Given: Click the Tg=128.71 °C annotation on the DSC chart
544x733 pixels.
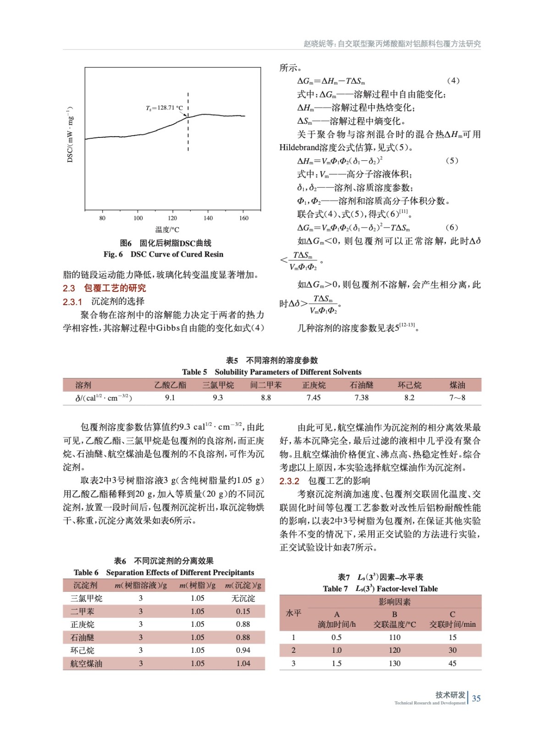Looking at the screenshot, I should (x=164, y=108).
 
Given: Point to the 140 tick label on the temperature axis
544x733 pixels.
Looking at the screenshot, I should (x=208, y=218).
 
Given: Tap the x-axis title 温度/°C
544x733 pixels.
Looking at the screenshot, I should (x=167, y=230).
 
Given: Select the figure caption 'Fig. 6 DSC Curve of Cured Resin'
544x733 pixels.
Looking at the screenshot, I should (x=164, y=254).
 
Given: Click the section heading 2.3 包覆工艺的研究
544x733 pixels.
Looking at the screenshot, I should (x=104, y=288).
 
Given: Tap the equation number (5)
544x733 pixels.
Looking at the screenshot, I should (x=452, y=161).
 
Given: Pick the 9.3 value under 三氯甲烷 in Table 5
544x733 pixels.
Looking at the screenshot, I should (x=218, y=398).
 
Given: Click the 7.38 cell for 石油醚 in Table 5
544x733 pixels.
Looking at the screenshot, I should (x=362, y=398).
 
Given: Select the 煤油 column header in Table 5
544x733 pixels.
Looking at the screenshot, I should (x=457, y=385).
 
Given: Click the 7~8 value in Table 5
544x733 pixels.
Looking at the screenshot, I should (x=457, y=398).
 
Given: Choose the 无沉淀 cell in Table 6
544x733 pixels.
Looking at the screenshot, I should (x=243, y=598).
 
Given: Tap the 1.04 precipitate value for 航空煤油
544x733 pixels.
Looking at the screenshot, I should (x=243, y=663).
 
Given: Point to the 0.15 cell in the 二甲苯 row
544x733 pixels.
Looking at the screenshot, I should (x=243, y=611).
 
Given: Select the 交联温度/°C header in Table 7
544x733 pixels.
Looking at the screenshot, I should (x=395, y=624).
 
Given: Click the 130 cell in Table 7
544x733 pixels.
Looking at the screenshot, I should (x=395, y=663).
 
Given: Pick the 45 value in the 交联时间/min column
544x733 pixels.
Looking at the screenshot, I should (x=452, y=663).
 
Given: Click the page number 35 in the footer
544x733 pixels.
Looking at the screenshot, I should (x=477, y=698).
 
